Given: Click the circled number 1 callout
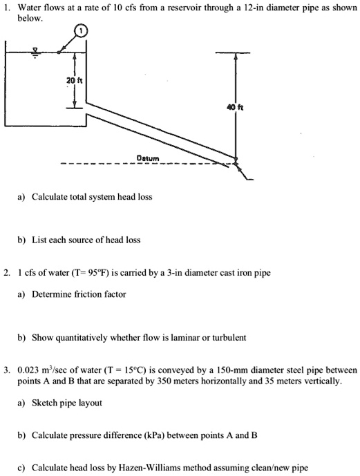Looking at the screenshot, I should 82,32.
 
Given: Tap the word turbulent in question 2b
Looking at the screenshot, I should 222,338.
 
